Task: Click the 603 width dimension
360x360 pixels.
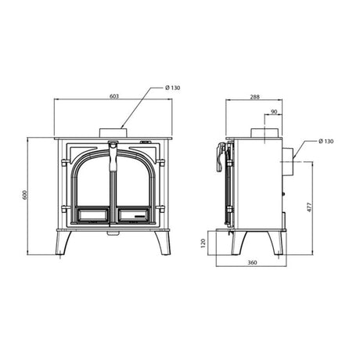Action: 114,95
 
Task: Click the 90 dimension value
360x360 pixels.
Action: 272,112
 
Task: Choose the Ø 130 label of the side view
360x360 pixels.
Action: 327,142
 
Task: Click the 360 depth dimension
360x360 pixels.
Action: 252,262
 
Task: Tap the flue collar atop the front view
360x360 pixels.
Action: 114,131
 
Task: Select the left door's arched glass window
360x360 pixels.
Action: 92,182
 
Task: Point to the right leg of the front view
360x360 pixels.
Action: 164,243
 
